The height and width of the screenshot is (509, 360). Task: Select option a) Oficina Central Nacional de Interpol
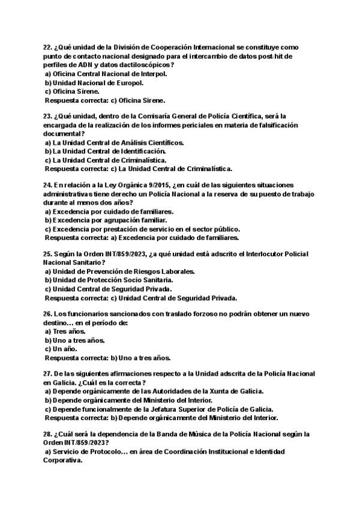[x=106, y=73]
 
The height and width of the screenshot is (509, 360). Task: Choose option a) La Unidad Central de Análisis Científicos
[x=115, y=142]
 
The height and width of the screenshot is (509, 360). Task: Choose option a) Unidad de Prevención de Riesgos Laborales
[x=120, y=271]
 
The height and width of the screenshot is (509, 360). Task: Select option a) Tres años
[x=65, y=331]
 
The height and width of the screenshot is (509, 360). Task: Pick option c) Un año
[x=61, y=349]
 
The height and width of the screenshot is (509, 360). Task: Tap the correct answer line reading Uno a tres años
[x=108, y=358]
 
